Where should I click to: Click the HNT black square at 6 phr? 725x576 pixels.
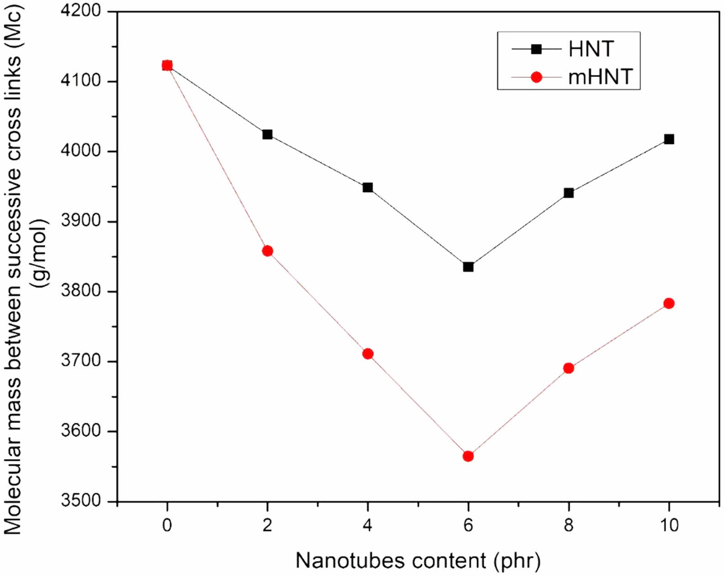point(468,267)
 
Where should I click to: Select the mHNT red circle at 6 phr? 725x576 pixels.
point(468,456)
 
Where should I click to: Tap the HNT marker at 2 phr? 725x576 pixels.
point(267,134)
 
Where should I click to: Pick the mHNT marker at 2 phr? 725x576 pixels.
point(267,251)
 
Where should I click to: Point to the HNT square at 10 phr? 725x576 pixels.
point(669,139)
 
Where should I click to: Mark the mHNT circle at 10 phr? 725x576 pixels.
point(669,304)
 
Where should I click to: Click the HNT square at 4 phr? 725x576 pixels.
point(368,187)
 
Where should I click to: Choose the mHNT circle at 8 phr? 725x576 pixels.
point(568,368)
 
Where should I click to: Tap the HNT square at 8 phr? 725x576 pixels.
point(568,193)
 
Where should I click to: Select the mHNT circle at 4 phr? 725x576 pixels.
point(368,354)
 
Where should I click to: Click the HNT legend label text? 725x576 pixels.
point(591,49)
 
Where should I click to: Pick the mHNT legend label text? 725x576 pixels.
point(600,76)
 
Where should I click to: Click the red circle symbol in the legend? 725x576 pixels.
point(536,77)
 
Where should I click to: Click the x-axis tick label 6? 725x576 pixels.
point(468,525)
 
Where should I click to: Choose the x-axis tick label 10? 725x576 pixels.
point(669,525)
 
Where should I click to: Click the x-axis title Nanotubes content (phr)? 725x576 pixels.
point(418,560)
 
